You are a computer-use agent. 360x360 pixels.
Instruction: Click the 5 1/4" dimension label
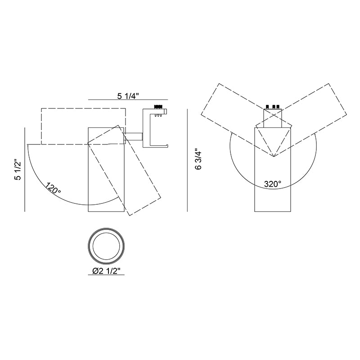click(128, 96)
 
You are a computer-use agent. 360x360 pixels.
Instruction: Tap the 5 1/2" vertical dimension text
click(18, 170)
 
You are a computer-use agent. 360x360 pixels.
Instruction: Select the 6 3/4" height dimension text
click(198, 160)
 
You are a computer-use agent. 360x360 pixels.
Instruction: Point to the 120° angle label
click(53, 187)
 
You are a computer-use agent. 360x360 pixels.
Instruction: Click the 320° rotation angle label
click(273, 184)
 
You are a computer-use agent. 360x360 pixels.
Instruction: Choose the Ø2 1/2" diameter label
click(106, 271)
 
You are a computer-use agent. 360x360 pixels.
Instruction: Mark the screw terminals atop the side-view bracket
click(158, 107)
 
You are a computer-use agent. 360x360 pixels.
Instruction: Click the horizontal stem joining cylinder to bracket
click(133, 136)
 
